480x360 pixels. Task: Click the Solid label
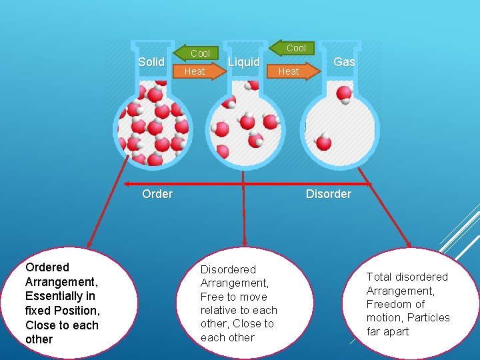coord(151,62)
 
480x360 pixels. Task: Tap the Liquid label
coord(243,62)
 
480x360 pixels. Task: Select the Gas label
coord(344,62)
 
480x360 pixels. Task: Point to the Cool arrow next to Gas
coord(293,47)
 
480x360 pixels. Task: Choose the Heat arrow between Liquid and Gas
coord(291,71)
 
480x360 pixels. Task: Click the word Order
coord(157,194)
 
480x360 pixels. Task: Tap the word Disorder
coord(328,194)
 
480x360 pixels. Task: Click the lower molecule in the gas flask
coord(323,142)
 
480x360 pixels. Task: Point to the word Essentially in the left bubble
coord(59,296)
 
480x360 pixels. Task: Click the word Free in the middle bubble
coord(211,297)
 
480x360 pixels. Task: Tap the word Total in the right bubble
coord(379,277)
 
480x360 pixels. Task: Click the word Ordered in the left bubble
coord(47,267)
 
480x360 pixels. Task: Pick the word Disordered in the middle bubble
coord(228,269)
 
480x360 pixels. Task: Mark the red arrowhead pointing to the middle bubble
coord(245,243)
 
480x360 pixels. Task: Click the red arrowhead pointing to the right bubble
coord(408,245)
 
